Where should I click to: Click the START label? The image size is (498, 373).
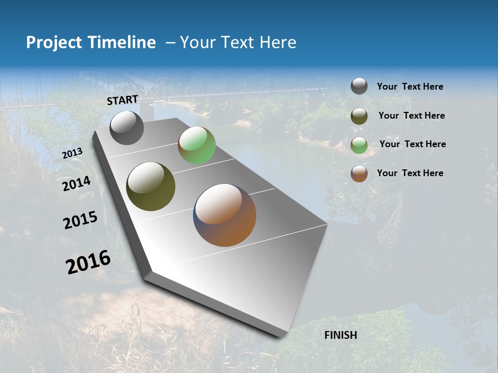coord(122,100)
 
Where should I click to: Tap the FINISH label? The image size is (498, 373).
coord(340,335)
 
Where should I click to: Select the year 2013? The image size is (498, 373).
coord(72,153)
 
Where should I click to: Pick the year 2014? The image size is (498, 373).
coord(76,184)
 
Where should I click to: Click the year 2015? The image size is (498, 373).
coord(80,221)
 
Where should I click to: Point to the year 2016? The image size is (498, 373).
coord(88,262)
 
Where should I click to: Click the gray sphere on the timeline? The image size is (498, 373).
coord(127,127)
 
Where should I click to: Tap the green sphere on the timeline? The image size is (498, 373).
coord(197,145)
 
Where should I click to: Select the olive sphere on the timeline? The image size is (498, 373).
coord(150,187)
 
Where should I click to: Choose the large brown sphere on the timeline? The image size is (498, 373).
coord(225,215)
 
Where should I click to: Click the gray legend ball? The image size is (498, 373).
coord(359,86)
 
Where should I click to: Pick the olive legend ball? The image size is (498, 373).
coord(359,116)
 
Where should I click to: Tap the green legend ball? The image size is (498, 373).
coord(359,145)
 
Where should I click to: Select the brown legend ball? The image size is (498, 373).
coord(359,174)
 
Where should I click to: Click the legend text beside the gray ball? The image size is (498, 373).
coord(410,87)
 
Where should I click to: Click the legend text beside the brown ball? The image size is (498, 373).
coord(410,173)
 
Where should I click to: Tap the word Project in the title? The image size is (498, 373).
coord(52,42)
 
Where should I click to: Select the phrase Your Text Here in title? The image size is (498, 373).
coord(238,42)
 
